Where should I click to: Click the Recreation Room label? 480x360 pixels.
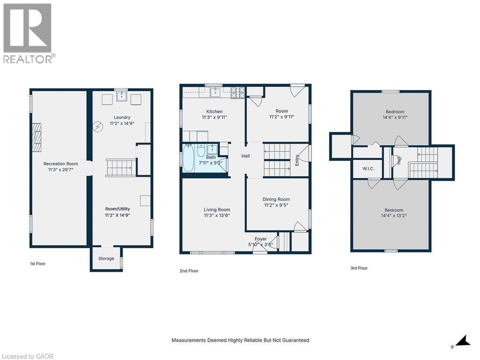click(x=60, y=164)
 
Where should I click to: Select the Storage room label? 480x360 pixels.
click(x=106, y=258)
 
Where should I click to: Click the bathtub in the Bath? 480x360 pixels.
click(x=188, y=159)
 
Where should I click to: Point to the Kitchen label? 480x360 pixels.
click(x=214, y=112)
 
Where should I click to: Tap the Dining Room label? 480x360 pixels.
click(x=276, y=199)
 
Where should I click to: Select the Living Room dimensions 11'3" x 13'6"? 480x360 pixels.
click(x=217, y=216)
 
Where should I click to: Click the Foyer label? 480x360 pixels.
click(x=260, y=239)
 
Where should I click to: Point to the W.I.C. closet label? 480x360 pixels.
click(x=368, y=169)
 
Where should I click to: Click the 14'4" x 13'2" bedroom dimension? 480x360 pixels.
click(x=394, y=216)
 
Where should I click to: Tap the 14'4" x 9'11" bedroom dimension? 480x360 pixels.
click(x=395, y=117)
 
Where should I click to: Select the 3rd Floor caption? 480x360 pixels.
click(x=359, y=268)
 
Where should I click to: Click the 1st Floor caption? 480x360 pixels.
click(x=37, y=263)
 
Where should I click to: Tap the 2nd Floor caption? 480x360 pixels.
click(x=189, y=270)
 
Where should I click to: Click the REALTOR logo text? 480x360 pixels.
click(x=29, y=59)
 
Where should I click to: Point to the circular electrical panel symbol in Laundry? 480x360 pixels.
click(x=98, y=127)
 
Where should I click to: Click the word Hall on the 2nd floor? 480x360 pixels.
click(x=246, y=156)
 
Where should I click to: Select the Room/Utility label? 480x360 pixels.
click(x=117, y=209)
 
